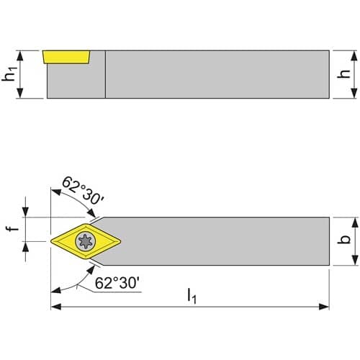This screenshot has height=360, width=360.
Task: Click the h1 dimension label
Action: [9, 74]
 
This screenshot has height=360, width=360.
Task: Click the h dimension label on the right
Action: [343, 73]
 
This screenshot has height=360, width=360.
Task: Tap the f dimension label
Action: [12, 226]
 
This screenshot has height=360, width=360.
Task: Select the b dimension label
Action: [343, 239]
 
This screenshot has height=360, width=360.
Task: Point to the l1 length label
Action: [192, 296]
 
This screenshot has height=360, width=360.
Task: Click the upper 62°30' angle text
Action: [83, 191]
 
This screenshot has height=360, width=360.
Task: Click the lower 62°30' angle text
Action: [117, 283]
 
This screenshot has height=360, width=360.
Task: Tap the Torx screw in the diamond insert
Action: [86, 241]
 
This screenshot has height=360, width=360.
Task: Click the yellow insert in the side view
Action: [66, 57]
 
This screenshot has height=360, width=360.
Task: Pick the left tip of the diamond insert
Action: [51, 241]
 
